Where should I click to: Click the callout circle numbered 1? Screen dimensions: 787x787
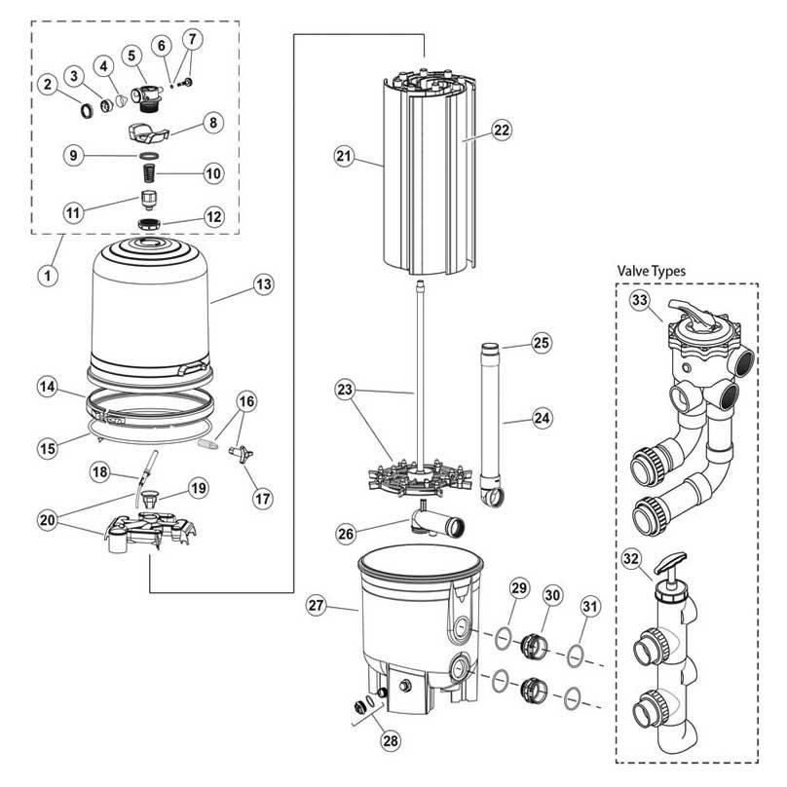coord(46,275)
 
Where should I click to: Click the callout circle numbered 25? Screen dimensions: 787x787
coord(543,343)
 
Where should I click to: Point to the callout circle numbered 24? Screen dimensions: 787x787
coord(543,419)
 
